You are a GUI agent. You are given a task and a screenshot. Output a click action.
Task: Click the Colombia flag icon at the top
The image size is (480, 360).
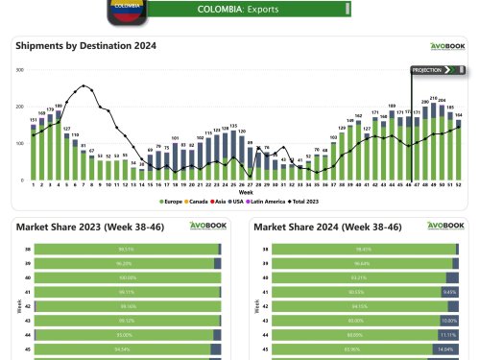point(126,10)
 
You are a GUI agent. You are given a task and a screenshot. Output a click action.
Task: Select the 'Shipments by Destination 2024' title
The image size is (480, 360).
point(86,45)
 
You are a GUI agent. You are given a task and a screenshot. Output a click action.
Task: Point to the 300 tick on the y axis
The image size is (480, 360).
point(20,70)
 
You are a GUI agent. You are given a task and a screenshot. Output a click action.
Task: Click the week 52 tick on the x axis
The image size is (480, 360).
point(458,184)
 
